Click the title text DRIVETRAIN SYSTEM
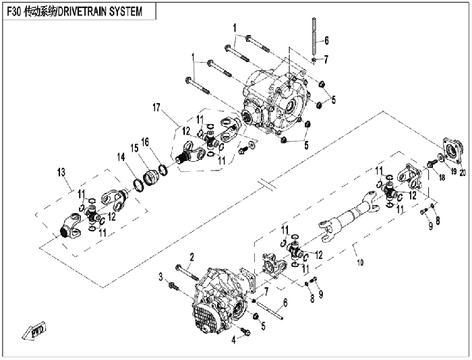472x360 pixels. (x=100, y=11)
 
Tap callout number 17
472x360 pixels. (x=156, y=107)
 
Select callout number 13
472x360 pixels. (x=61, y=173)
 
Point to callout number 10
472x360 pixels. (x=360, y=262)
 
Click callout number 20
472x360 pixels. (x=463, y=173)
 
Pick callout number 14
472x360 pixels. (x=121, y=157)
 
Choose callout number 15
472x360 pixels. (x=134, y=148)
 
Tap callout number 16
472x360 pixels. (x=145, y=142)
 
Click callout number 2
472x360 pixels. (x=191, y=257)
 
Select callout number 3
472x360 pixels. (x=161, y=276)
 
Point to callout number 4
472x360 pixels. (x=233, y=340)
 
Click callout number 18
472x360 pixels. (x=442, y=177)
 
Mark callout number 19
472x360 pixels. (x=453, y=171)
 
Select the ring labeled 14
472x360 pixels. (x=138, y=185)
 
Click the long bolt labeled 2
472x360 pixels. (x=187, y=272)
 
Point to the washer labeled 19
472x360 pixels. (x=440, y=157)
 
